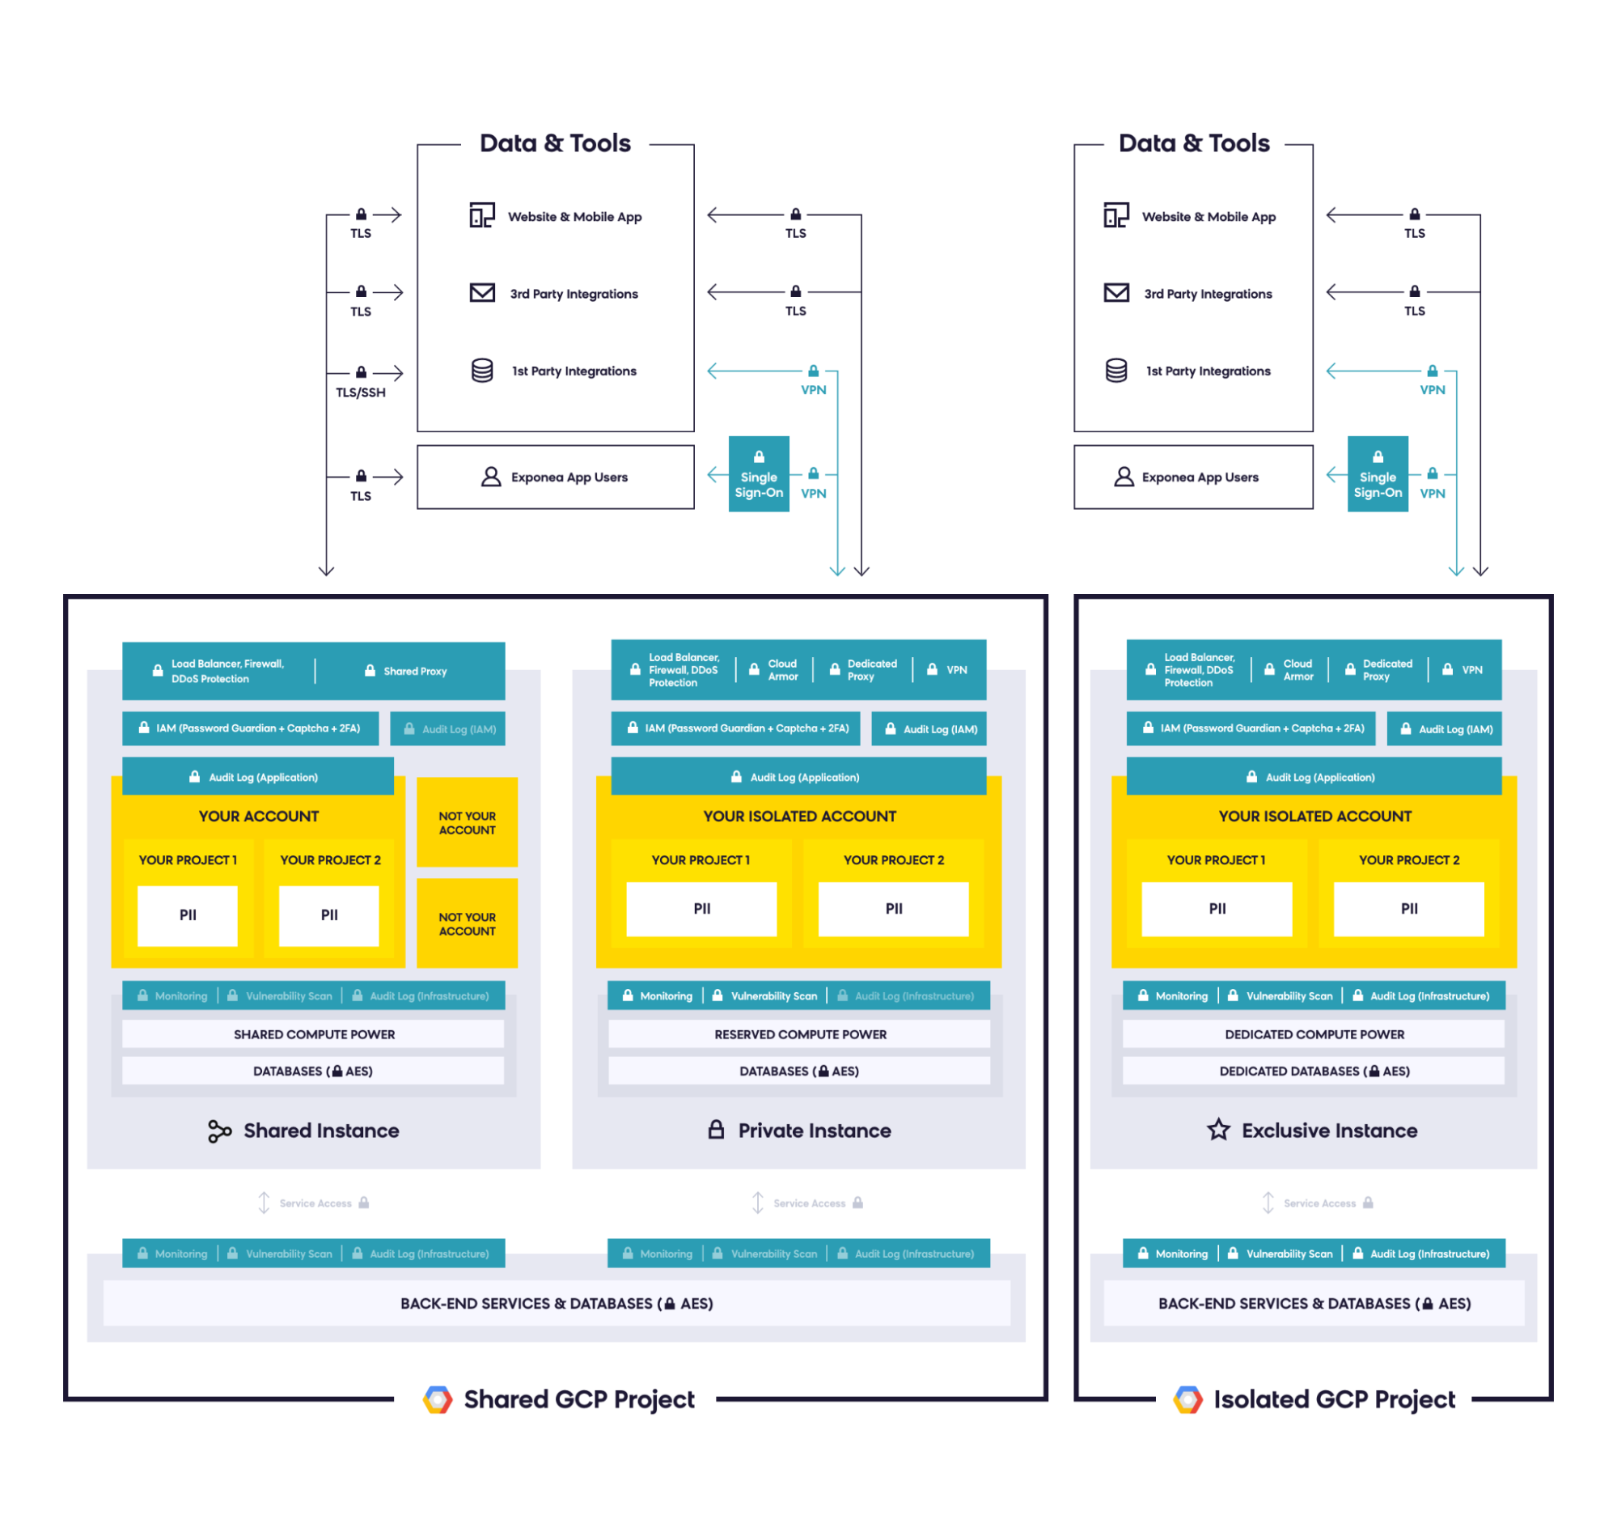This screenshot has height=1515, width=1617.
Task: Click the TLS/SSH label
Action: click(360, 393)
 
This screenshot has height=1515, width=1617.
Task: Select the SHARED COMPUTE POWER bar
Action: click(314, 1034)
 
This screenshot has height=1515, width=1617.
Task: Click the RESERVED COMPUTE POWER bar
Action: click(799, 1034)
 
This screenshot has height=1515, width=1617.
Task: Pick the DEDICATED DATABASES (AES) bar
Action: click(1314, 1071)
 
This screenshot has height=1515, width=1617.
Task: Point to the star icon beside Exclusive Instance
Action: click(1217, 1129)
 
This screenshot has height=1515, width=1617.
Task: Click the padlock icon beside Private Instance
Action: click(716, 1129)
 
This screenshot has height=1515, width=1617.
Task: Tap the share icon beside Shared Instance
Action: click(219, 1131)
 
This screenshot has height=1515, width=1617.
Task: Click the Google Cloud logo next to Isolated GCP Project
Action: click(1187, 1399)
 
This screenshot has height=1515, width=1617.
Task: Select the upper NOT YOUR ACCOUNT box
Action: click(467, 822)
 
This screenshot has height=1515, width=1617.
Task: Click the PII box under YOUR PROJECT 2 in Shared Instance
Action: click(328, 915)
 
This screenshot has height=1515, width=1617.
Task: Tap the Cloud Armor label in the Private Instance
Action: click(782, 669)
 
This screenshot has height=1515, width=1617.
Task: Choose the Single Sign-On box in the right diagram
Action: click(1377, 474)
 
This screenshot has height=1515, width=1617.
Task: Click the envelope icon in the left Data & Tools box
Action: click(482, 292)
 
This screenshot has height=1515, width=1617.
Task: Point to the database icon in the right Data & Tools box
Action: click(1116, 371)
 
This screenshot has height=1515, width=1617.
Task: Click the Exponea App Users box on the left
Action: click(556, 477)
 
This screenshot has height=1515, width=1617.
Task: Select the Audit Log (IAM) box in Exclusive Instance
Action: click(1444, 729)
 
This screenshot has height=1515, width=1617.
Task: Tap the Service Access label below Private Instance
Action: click(810, 1203)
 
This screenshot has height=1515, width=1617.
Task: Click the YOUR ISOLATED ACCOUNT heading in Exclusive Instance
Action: click(1314, 816)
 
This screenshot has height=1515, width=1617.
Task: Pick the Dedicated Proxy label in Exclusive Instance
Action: click(1386, 669)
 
